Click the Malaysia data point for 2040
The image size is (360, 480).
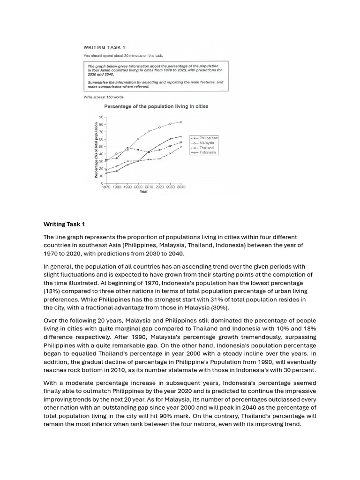pos(181,122)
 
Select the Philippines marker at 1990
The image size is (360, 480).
pos(127,148)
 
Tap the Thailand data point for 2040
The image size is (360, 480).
pos(181,147)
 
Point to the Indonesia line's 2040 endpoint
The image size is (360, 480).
pos(181,136)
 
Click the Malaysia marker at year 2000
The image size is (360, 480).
pos(138,139)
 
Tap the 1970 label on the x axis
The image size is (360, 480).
pos(106,187)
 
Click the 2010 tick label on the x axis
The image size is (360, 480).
pos(149,187)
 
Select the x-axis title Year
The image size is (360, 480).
pos(143,191)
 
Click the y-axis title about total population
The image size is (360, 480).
pos(97,150)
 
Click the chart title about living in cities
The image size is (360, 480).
pos(156,106)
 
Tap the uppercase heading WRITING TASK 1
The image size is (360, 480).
pos(104,47)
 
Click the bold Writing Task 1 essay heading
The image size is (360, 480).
pos(64,224)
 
